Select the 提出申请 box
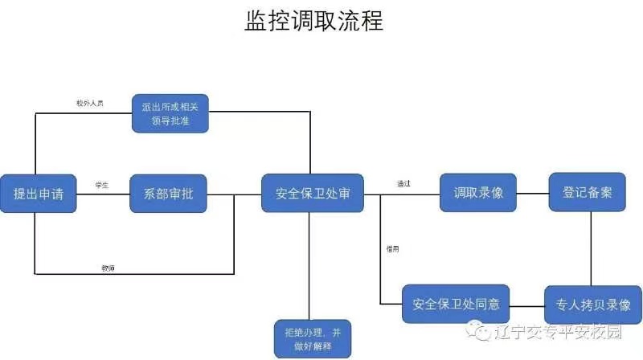pos(38,194)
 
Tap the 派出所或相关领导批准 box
pos(170,112)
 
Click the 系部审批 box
pos(168,194)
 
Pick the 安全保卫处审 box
pos(312,194)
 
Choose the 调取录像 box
pos(477,193)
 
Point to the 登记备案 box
pos(588,193)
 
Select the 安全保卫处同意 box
pos(456,305)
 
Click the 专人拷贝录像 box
pos(593,305)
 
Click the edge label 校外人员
pos(89,104)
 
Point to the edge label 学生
pos(101,186)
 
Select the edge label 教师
pos(107,267)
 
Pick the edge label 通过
pos(403,184)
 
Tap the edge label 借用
pos(392,248)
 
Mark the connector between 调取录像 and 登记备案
pos(532,194)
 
